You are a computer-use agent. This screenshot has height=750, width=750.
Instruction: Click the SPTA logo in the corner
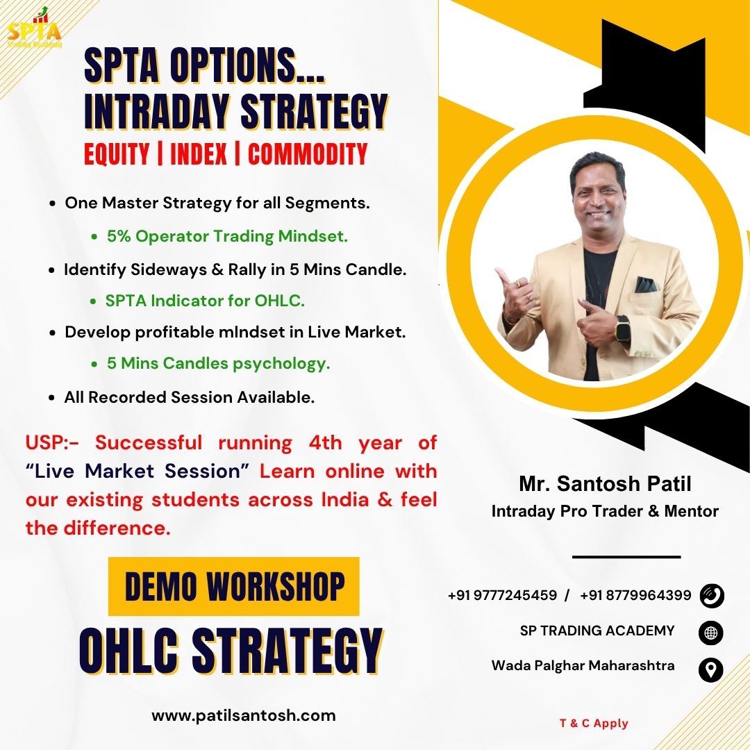tap(35, 28)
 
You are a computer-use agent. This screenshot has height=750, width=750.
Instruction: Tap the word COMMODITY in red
tap(308, 154)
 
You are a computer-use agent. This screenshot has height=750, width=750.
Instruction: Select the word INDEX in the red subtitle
tap(199, 154)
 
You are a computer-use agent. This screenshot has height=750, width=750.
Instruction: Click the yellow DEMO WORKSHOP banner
tap(233, 586)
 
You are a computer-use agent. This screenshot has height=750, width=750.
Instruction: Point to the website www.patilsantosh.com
tap(244, 715)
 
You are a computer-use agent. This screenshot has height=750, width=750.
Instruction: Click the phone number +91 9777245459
tap(502, 595)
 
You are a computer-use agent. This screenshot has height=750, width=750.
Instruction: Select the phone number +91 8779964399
tap(635, 595)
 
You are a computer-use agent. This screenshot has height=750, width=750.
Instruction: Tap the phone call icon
tap(711, 596)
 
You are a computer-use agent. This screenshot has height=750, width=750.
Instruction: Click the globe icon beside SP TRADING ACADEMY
tap(711, 633)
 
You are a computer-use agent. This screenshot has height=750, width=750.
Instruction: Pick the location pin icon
tap(711, 669)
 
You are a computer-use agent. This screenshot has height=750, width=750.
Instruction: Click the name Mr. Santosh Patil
tap(605, 483)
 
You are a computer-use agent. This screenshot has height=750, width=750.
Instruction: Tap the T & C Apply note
tap(594, 723)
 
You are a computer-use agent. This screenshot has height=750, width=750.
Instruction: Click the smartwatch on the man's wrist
tap(623, 328)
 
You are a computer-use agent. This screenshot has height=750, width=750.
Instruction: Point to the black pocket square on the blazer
tap(647, 285)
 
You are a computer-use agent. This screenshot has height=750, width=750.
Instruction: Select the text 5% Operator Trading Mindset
tap(227, 236)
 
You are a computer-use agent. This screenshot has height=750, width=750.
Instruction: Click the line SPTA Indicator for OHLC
tap(205, 301)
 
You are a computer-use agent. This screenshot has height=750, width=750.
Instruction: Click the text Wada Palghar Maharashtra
tap(583, 665)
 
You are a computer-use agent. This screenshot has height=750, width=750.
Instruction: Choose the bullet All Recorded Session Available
tap(190, 397)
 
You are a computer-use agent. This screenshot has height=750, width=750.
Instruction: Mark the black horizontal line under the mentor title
tap(626, 557)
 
